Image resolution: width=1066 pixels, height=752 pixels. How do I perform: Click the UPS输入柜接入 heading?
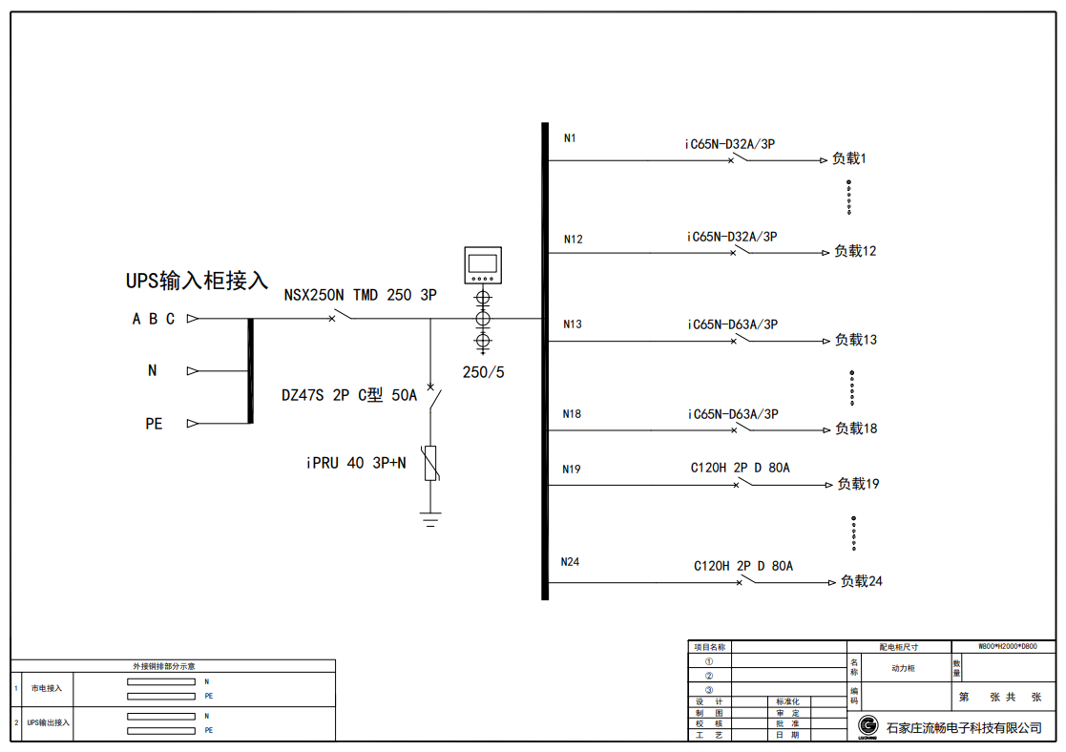click(198, 282)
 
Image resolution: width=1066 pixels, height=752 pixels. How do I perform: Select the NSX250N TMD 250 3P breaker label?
click(360, 296)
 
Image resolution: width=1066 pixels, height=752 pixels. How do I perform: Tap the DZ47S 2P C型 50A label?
click(349, 395)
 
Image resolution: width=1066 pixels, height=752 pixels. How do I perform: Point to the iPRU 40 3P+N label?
click(356, 464)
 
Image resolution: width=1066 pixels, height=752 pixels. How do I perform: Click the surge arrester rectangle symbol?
click(430, 463)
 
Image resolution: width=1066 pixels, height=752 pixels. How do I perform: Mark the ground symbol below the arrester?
click(430, 519)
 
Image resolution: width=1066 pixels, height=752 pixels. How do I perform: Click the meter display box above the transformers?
click(483, 265)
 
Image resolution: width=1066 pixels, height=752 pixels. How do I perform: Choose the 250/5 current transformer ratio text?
click(483, 372)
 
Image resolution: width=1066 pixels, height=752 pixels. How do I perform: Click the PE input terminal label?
click(154, 424)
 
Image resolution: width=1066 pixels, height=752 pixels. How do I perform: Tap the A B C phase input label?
click(154, 320)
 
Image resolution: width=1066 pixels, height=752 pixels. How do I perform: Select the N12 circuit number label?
click(573, 240)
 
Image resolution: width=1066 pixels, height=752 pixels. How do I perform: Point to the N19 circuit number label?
click(572, 469)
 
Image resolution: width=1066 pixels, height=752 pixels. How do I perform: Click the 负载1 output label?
click(849, 159)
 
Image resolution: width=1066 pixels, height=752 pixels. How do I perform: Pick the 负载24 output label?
click(861, 581)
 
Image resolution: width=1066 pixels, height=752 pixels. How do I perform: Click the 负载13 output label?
click(856, 340)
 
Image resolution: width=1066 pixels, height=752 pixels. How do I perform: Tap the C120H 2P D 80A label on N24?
click(743, 566)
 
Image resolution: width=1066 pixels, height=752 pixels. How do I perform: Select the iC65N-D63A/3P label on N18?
click(733, 414)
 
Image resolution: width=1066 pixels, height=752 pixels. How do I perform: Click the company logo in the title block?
click(868, 726)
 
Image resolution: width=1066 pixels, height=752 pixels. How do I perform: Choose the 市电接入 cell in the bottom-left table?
click(46, 688)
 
